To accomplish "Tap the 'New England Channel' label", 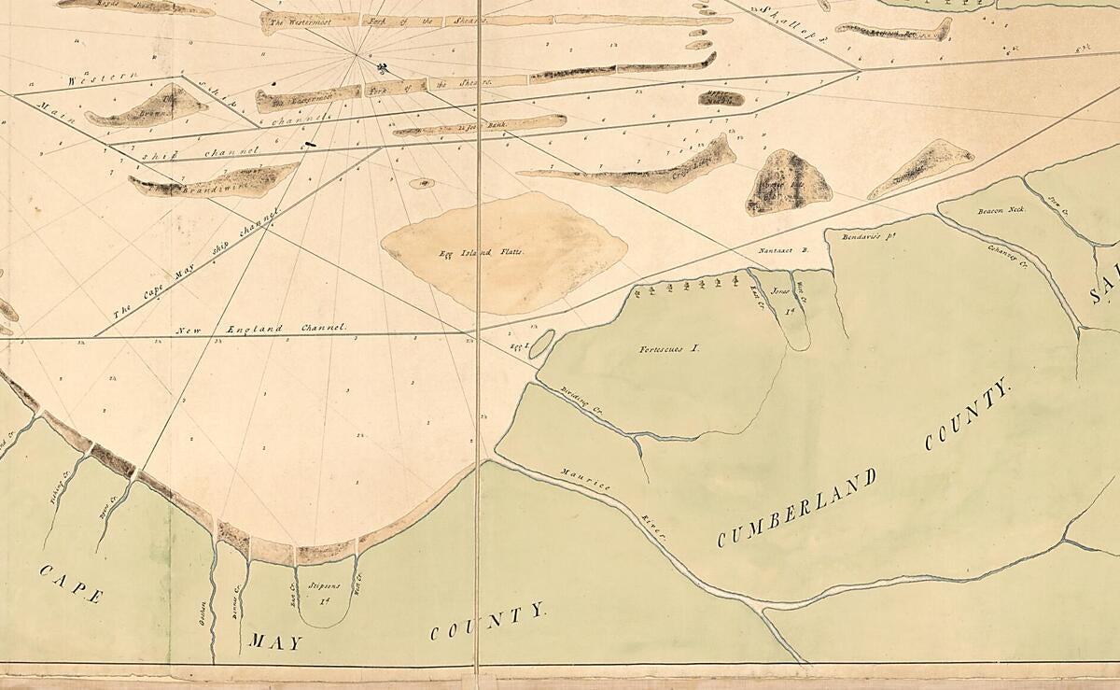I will [260, 329].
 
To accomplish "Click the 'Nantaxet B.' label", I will [781, 250].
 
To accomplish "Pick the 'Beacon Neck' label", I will [1001, 210].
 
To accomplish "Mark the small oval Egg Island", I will [541, 343].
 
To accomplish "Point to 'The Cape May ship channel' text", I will [195, 267].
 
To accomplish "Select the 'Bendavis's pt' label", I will [854, 237].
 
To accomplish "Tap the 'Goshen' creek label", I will [202, 627].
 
